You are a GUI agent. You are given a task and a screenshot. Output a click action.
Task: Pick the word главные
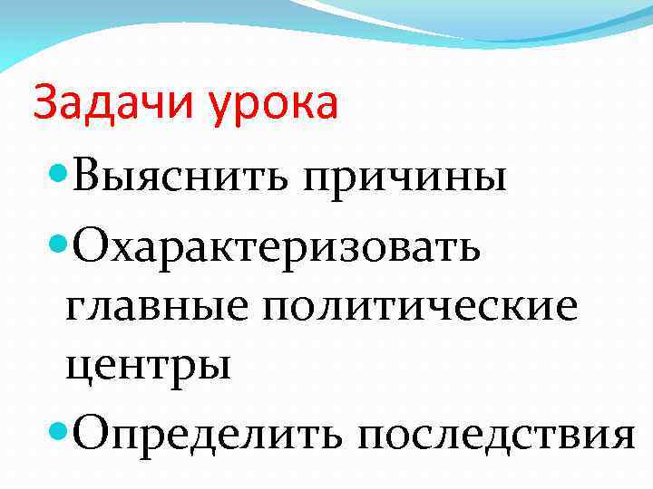click(159, 308)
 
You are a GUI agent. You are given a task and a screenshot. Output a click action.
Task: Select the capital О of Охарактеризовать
click(93, 241)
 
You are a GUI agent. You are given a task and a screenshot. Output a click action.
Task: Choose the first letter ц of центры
click(78, 369)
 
